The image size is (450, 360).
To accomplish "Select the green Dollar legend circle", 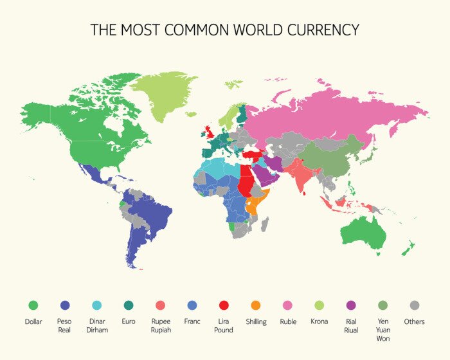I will [x=33, y=305].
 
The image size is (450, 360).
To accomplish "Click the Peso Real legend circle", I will [x=65, y=305].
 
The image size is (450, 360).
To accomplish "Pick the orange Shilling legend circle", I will [x=256, y=305].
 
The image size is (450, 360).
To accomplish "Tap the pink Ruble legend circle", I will [x=287, y=305].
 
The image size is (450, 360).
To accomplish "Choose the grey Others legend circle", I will [x=415, y=305].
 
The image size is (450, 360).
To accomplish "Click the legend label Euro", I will [x=129, y=321].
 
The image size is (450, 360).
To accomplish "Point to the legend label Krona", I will [x=319, y=321].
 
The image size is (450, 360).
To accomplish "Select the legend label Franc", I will [x=192, y=321].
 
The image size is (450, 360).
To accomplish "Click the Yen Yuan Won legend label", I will [x=383, y=330].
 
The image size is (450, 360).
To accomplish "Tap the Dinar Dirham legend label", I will [x=97, y=325].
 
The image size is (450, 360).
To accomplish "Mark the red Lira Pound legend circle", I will [x=224, y=305].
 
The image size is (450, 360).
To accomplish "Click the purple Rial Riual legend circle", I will [x=351, y=305].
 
